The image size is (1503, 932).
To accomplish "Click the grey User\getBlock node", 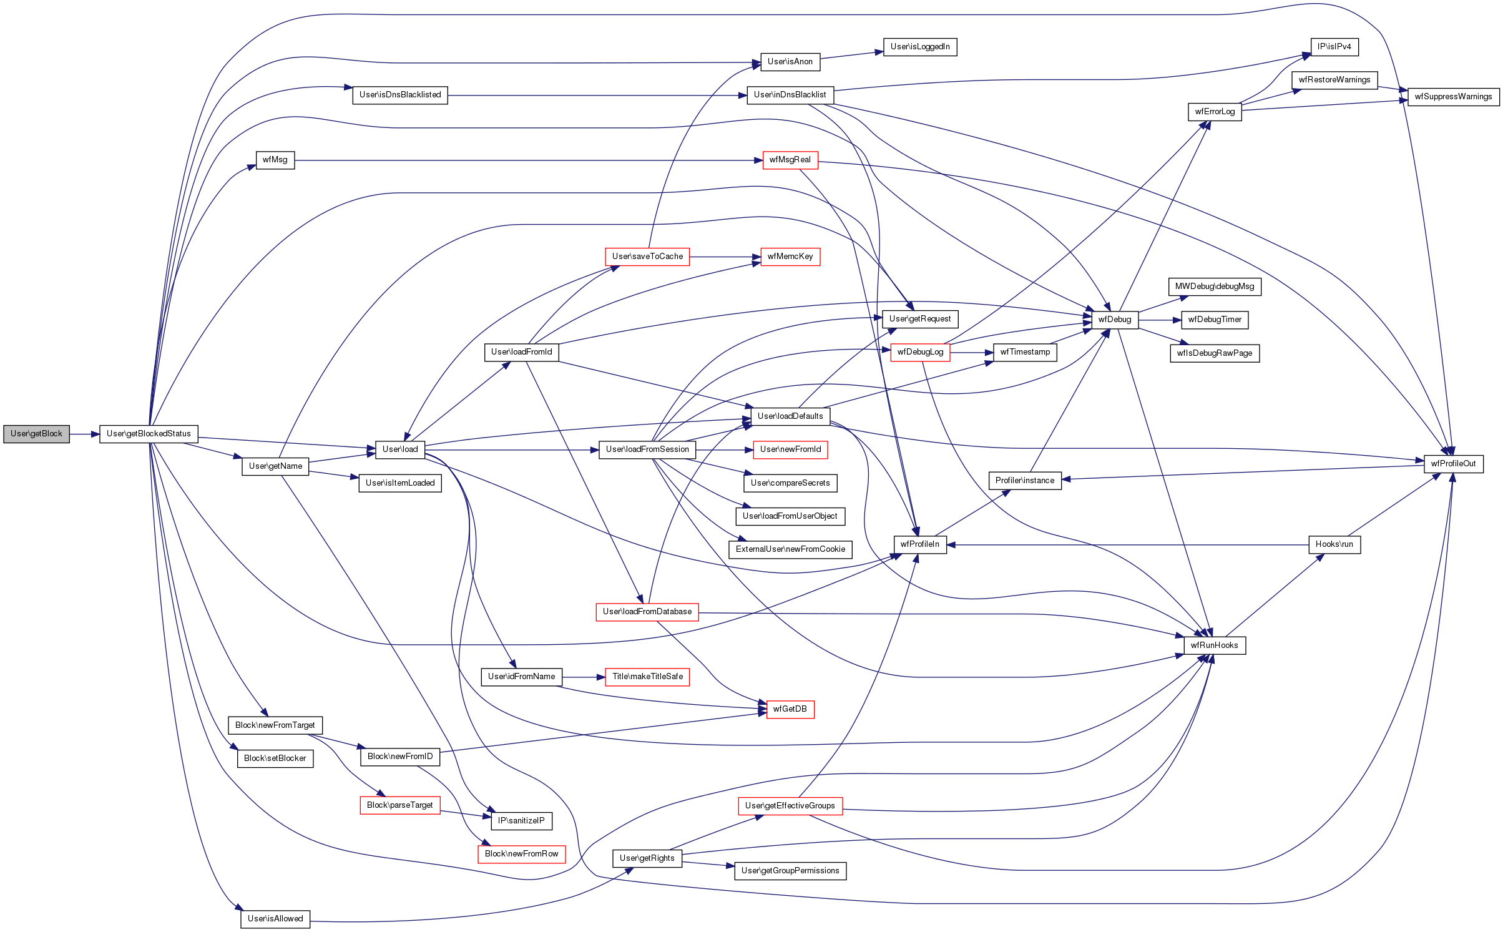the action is [36, 434].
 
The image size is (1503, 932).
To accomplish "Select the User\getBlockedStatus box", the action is [149, 434].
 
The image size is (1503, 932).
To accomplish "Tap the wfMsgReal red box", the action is [790, 160].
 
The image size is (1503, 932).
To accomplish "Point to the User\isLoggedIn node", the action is [920, 47].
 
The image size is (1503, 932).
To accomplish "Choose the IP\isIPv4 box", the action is [1334, 47].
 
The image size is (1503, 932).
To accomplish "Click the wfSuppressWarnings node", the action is [1453, 97].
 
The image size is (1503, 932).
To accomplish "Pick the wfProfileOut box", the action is [1453, 464].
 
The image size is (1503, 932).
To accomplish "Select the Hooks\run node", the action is [1334, 544].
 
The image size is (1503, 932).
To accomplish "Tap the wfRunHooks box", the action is [1215, 645].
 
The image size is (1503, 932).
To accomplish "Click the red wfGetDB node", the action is [790, 709].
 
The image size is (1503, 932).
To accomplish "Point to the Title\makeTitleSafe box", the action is [647, 677].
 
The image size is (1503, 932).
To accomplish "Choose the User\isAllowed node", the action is [275, 919].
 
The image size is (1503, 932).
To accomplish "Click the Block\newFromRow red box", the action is [522, 854].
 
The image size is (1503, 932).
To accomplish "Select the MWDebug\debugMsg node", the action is [1215, 287].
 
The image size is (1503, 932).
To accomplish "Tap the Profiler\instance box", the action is [1025, 481].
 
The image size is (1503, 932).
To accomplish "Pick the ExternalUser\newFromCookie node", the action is [790, 549].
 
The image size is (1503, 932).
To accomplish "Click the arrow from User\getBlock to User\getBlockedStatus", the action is [85, 434].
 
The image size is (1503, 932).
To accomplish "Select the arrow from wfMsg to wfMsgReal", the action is [529, 160].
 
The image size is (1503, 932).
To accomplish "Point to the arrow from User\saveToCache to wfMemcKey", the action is [725, 257].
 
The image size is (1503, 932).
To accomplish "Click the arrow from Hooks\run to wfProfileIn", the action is [1127, 545].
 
